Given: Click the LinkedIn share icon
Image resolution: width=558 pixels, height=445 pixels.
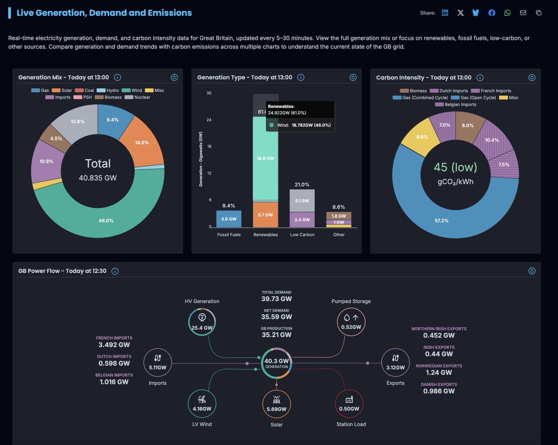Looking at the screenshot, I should coord(445,13).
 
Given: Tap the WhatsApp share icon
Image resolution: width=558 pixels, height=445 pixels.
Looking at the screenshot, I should coord(507,13).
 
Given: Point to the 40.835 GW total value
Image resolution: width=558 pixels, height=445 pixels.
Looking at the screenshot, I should coord(98,178).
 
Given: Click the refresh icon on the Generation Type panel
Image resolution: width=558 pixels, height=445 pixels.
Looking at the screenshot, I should coord(353,78).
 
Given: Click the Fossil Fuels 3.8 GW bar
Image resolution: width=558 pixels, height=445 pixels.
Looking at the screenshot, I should coord(229,219).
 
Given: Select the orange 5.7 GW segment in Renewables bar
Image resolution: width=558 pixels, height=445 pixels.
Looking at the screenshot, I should coord(266,215).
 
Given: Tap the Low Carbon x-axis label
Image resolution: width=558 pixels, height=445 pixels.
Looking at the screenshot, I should coord(302,235).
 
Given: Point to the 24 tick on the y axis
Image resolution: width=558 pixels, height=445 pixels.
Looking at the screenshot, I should coord(209,120).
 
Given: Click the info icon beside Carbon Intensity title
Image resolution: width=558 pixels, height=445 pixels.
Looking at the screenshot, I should coord(480,78).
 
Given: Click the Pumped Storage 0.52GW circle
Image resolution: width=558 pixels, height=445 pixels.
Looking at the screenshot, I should coord(351,322).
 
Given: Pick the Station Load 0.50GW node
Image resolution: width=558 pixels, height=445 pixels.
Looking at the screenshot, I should coord(349,404).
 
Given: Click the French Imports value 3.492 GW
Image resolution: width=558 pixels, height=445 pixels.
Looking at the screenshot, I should coord(114,345).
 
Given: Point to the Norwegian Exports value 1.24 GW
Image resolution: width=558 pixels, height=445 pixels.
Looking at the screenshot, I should coord(439,372).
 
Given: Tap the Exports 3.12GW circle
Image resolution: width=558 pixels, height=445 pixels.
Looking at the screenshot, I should coord(395,362).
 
